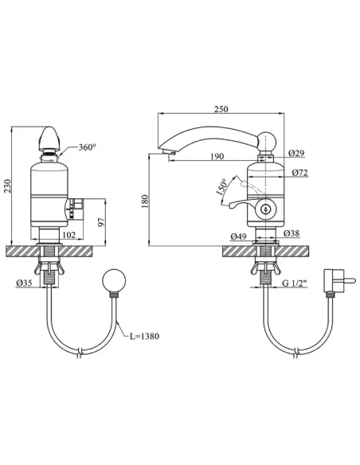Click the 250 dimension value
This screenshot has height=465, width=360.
(x=221, y=109)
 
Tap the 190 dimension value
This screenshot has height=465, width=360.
(x=217, y=156)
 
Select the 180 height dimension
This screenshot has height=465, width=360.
(x=144, y=201)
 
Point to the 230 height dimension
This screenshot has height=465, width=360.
(x=7, y=186)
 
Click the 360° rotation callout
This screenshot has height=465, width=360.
(x=88, y=147)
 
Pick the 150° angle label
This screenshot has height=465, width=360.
(x=221, y=186)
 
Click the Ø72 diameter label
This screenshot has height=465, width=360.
(x=299, y=172)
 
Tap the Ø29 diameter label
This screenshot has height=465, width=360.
(x=296, y=153)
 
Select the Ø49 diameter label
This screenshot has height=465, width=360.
(x=238, y=236)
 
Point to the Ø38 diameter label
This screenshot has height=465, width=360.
(x=292, y=233)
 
